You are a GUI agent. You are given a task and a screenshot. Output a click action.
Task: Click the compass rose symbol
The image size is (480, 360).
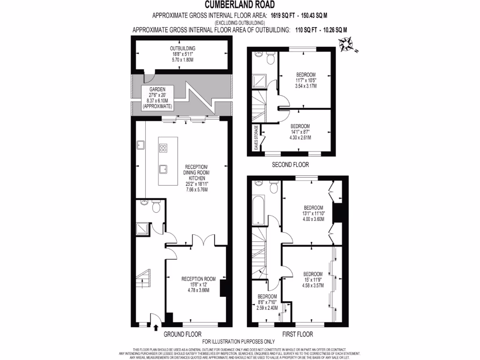pyautogui.click(x=347, y=46)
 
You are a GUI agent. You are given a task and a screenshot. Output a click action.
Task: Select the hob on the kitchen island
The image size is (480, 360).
pyautogui.click(x=164, y=149)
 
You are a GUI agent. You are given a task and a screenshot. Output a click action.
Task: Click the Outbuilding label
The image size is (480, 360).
pyautogui.click(x=182, y=54)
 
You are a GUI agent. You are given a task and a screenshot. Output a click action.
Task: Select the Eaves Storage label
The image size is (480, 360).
pyautogui.click(x=256, y=138)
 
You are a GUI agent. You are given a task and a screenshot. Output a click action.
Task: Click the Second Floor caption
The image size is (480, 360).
pyautogui.click(x=290, y=165)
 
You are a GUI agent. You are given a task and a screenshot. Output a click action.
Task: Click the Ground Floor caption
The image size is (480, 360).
pyautogui.click(x=182, y=335)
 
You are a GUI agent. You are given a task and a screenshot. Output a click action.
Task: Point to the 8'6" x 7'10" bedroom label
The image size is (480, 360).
pyautogui.click(x=267, y=302)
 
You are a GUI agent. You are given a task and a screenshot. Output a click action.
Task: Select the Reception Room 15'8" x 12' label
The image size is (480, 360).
pyautogui.click(x=198, y=284)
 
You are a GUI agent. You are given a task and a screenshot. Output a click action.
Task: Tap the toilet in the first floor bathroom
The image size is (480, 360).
pyautogui.click(x=274, y=188)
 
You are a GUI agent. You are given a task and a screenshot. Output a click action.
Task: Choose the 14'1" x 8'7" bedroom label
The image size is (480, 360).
pyautogui.click(x=300, y=132)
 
